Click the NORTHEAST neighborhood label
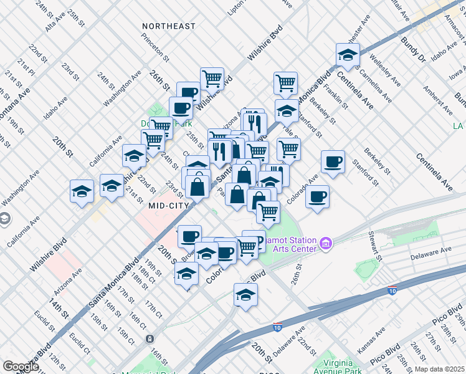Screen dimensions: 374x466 click(x=168, y=27)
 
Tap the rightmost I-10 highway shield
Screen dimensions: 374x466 click(x=392, y=290)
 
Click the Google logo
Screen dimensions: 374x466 click(x=21, y=367)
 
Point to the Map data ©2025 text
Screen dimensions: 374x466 click(x=439, y=368)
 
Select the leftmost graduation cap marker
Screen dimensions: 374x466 click(x=82, y=191)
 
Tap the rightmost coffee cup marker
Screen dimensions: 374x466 click(x=333, y=162)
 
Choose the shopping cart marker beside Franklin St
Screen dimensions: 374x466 click(x=285, y=82)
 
